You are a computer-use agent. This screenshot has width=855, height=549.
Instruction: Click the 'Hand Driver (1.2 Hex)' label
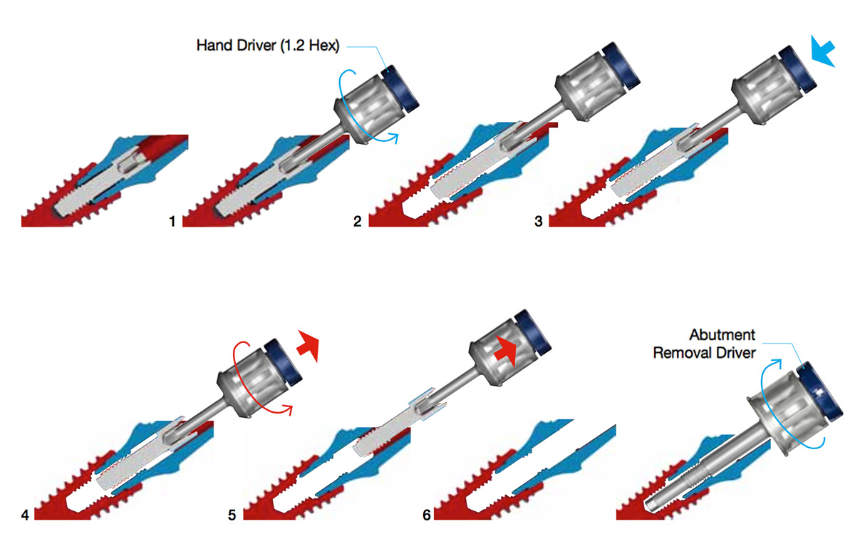[x=268, y=46]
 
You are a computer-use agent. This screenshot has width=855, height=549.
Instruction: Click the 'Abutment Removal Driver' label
[x=704, y=344]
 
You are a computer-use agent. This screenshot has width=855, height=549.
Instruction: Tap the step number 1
[x=172, y=221]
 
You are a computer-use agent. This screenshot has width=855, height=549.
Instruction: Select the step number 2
[x=357, y=221]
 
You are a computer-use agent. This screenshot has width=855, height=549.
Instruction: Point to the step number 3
[x=538, y=221]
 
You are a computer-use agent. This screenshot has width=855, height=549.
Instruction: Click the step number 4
[x=25, y=515]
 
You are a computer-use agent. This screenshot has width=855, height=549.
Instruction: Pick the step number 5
[x=232, y=515]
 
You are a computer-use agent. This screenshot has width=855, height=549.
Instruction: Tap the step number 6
[x=426, y=515]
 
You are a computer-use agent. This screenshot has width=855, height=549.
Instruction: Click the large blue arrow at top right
[x=824, y=51]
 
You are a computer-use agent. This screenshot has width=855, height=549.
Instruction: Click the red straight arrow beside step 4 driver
[x=308, y=345]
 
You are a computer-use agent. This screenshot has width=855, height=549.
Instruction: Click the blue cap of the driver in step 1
[x=400, y=88]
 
